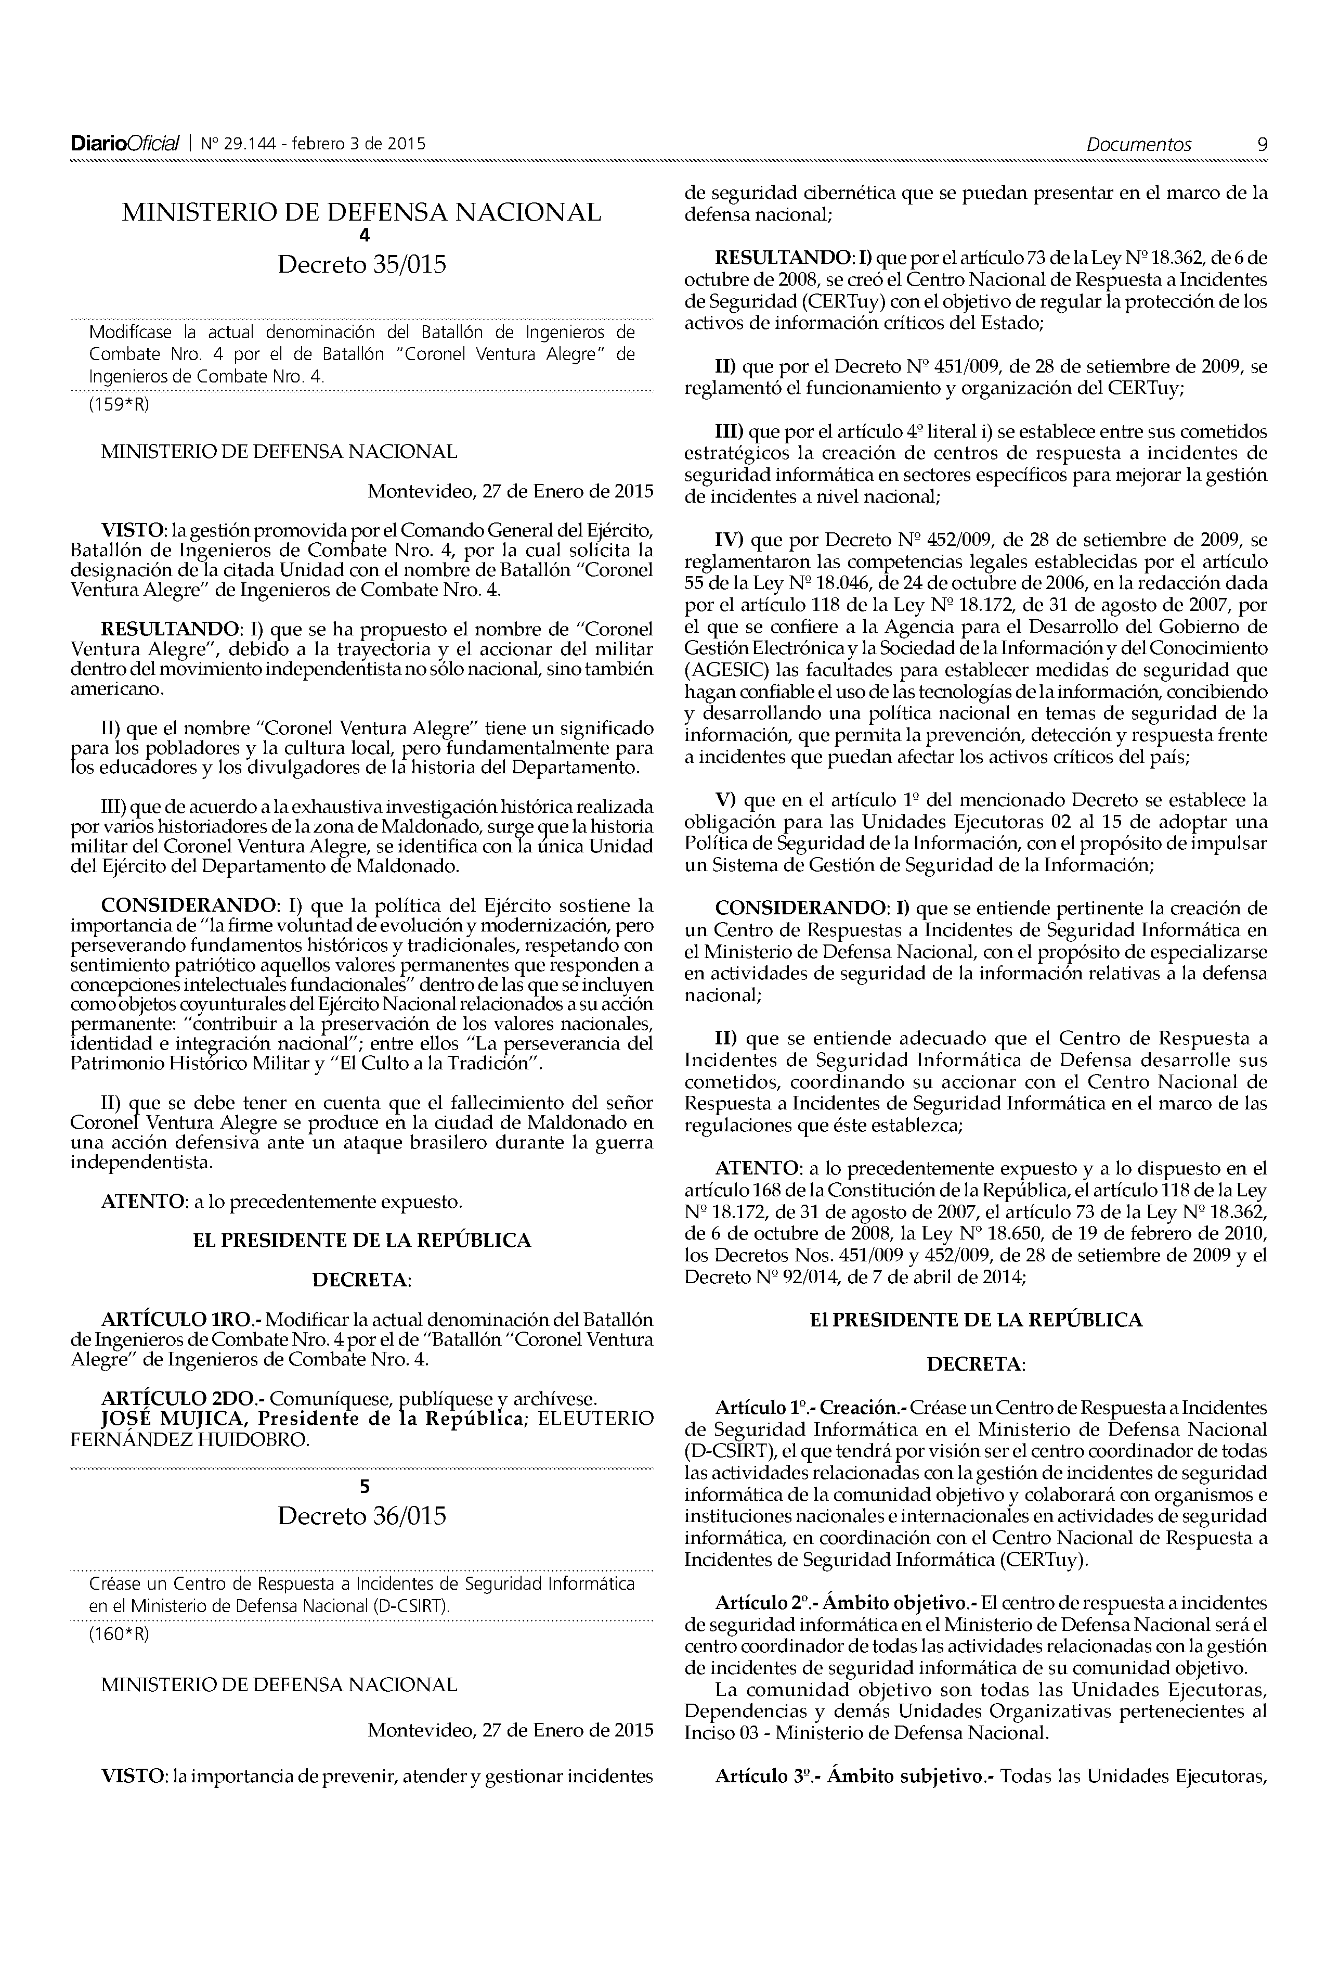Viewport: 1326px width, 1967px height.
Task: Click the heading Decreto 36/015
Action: click(x=362, y=1515)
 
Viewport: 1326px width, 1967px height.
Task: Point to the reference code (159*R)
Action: click(x=119, y=404)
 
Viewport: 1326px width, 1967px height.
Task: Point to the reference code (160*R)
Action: click(x=119, y=1634)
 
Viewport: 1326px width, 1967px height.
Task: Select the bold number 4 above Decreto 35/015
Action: click(x=365, y=236)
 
